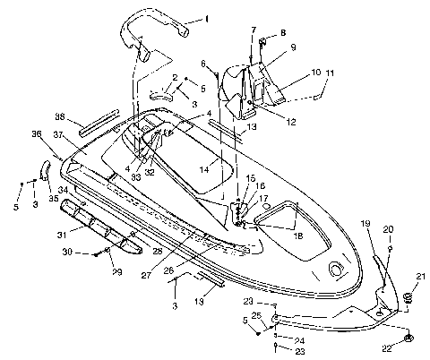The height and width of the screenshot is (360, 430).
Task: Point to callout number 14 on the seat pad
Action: (x=204, y=167)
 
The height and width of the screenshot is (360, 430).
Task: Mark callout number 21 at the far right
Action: (x=420, y=275)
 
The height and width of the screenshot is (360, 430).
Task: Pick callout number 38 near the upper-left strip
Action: (x=60, y=116)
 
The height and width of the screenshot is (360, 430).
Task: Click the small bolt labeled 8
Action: (x=265, y=40)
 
